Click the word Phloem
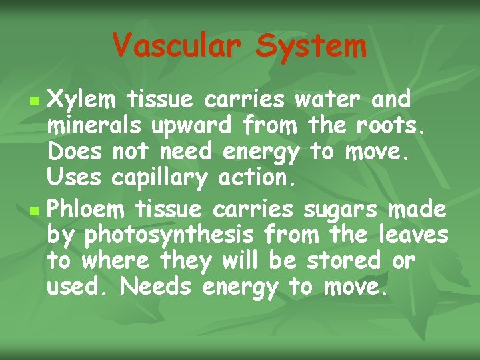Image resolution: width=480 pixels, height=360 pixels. click(x=87, y=210)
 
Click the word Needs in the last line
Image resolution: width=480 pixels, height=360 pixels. click(x=157, y=287)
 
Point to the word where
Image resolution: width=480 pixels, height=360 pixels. click(x=114, y=260)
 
